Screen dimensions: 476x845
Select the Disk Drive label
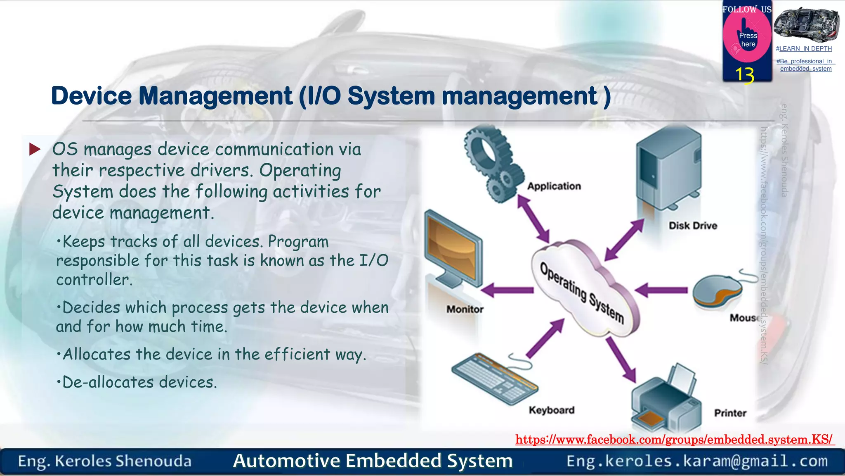pyautogui.click(x=693, y=226)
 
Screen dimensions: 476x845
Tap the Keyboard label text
pyautogui.click(x=551, y=410)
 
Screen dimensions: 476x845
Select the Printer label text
pyautogui.click(x=730, y=413)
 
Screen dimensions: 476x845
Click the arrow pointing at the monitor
pyautogui.click(x=507, y=290)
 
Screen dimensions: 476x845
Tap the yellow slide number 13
pyautogui.click(x=745, y=75)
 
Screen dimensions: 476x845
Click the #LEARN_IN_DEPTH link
pyautogui.click(x=804, y=49)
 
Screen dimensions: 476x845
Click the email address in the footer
pyautogui.click(x=697, y=461)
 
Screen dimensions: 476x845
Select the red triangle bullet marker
pyautogui.click(x=35, y=149)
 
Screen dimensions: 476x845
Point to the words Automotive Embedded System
pyautogui.click(x=373, y=461)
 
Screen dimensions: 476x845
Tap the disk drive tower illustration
pyautogui.click(x=668, y=169)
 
